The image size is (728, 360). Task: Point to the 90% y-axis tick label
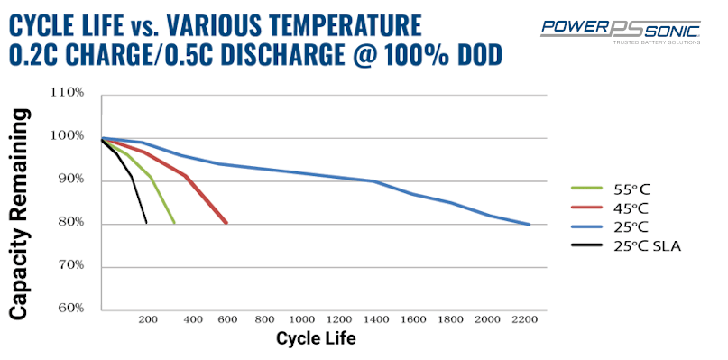coord(69,180)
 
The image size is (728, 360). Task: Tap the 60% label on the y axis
coord(69,309)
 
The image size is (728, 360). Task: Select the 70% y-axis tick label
coord(69,266)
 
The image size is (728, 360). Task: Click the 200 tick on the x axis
coord(148,319)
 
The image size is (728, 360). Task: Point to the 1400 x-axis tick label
coord(377,319)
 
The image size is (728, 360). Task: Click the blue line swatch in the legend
coord(586,226)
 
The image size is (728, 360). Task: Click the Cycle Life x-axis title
coord(316,340)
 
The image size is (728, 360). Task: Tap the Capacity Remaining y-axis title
coord(22,203)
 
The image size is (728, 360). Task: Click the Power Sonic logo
coord(621,30)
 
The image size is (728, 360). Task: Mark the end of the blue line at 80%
coord(529,224)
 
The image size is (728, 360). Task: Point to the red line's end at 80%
coord(226,223)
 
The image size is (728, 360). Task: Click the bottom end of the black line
coord(146,223)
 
